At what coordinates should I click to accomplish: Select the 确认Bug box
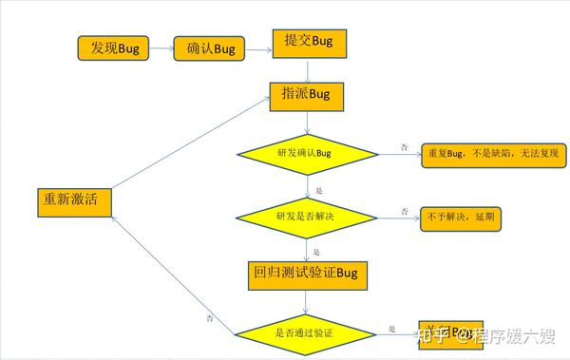(x=210, y=48)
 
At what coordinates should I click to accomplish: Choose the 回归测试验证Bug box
(x=305, y=275)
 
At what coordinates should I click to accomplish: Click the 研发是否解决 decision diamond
(x=305, y=217)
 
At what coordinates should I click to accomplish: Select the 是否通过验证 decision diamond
(x=304, y=332)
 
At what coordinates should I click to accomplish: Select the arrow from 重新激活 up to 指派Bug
(x=189, y=142)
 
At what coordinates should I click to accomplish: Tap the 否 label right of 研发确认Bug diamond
(x=404, y=146)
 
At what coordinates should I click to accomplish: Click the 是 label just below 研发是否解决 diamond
(x=317, y=253)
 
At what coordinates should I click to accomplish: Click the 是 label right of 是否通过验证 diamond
(x=391, y=330)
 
